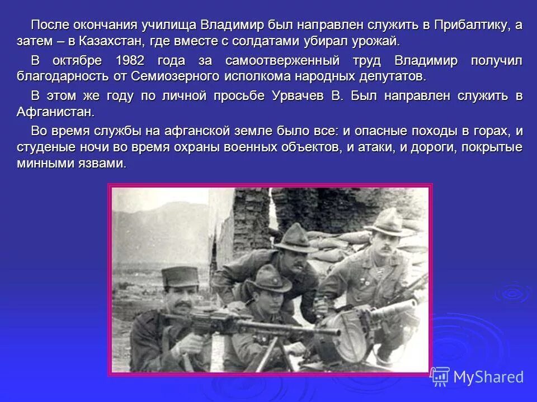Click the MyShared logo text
[488, 377]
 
